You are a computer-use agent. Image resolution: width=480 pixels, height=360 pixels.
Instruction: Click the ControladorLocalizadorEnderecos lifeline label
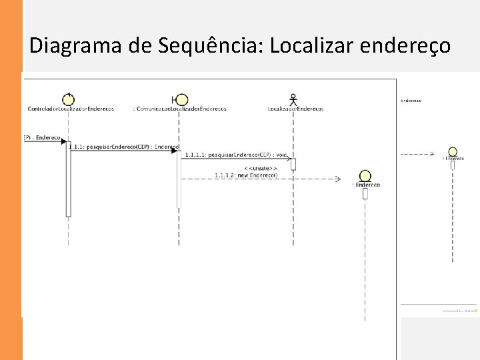(x=69, y=109)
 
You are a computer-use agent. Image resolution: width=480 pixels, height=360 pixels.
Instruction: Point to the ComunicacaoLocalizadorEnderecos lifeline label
(x=180, y=109)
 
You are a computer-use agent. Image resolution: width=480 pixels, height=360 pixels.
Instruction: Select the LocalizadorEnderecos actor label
(x=295, y=109)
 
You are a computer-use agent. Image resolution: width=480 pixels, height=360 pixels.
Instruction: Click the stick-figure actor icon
(x=293, y=99)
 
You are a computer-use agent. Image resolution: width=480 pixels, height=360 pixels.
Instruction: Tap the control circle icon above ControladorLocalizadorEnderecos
(x=68, y=97)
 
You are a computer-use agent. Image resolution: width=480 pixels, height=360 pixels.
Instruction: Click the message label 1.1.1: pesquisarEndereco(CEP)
(x=124, y=147)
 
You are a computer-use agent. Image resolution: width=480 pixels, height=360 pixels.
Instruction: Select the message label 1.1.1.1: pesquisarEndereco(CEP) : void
(x=236, y=155)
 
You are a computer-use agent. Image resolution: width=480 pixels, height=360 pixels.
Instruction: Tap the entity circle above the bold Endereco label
(x=365, y=175)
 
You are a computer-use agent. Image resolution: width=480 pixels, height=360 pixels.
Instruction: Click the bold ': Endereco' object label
(x=366, y=185)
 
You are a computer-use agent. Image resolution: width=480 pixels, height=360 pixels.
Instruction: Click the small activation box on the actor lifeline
(x=293, y=164)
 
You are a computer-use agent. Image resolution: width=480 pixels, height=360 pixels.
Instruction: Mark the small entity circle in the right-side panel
(x=453, y=152)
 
